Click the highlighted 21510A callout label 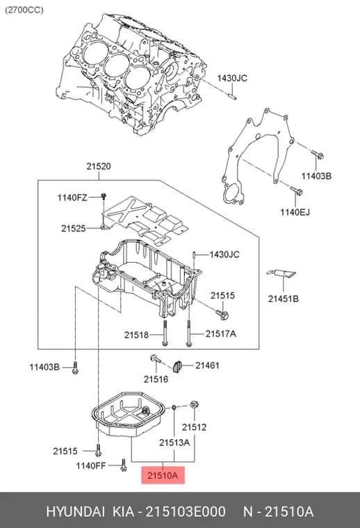tap(163, 475)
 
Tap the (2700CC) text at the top tap(24, 10)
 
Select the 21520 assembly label tap(98, 166)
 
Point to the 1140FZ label tap(72, 197)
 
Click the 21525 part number tap(74, 229)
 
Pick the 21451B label tap(284, 299)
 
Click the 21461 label tap(207, 365)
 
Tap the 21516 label tap(156, 379)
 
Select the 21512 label tap(194, 427)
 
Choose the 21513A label tap(174, 443)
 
